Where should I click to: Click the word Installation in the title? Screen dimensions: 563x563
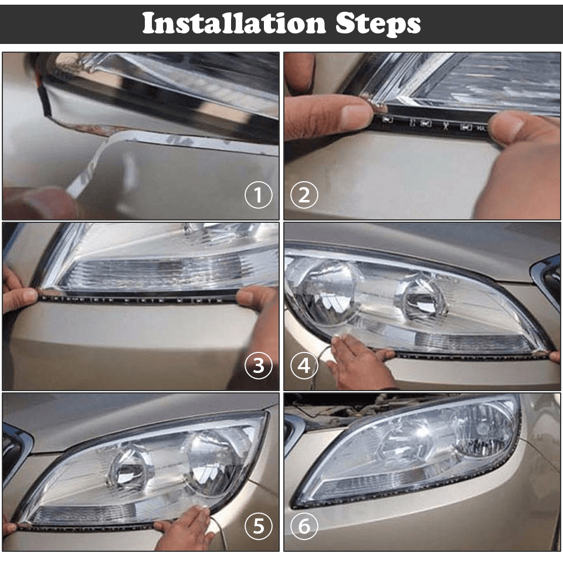tap(234, 24)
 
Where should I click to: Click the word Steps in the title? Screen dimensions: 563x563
tap(378, 24)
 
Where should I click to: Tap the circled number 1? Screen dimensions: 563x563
tap(258, 195)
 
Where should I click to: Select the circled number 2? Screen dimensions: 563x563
tap(304, 195)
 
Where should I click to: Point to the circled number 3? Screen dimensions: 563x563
tap(258, 365)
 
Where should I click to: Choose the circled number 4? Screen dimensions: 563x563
tap(304, 365)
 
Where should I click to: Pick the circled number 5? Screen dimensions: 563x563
tap(258, 527)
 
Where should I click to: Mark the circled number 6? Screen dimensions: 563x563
tap(304, 527)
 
